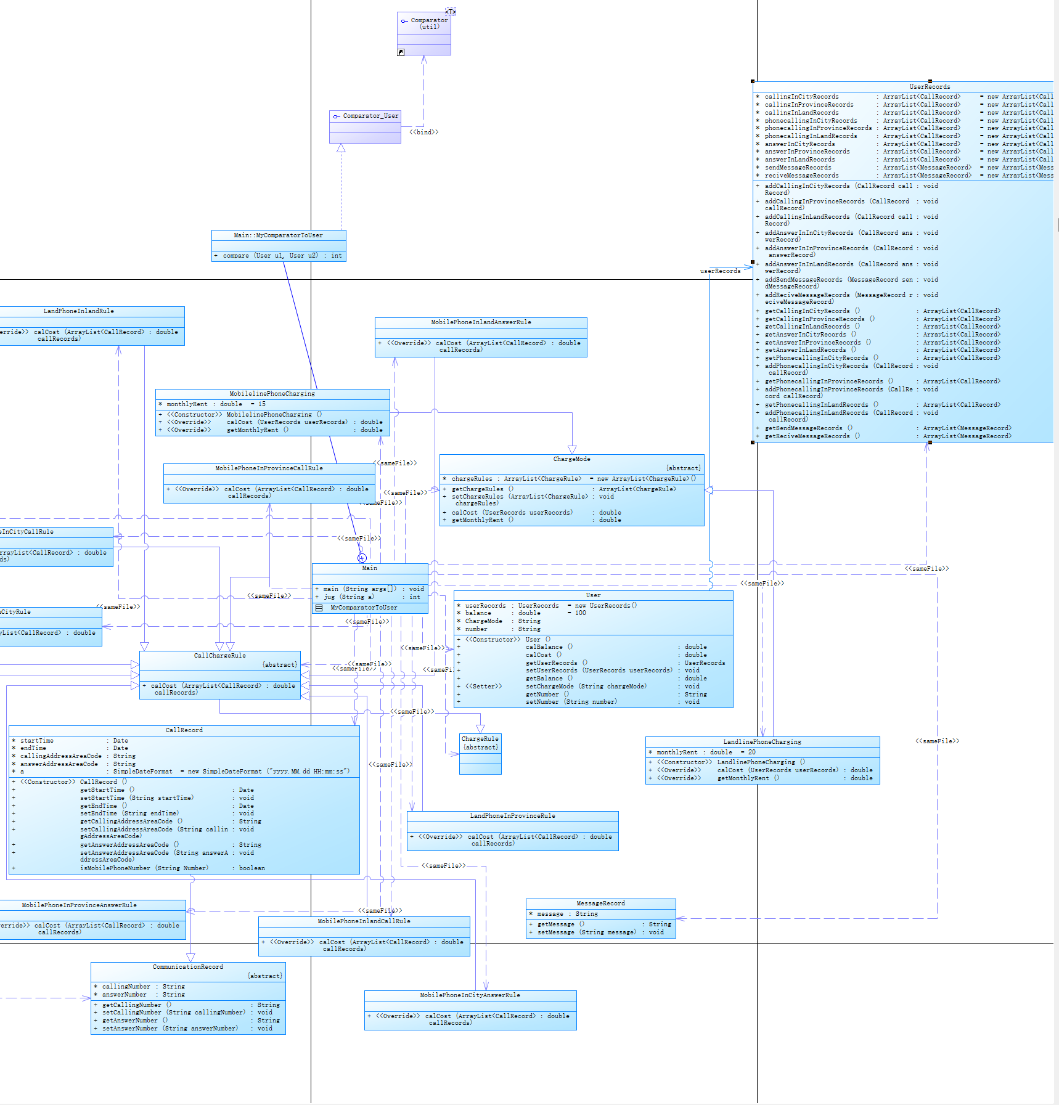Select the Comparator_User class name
pyautogui.click(x=370, y=116)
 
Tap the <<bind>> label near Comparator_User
pyautogui.click(x=424, y=132)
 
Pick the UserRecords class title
pyautogui.click(x=930, y=87)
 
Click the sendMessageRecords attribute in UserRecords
pyautogui.click(x=798, y=168)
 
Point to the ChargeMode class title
pyautogui.click(x=571, y=459)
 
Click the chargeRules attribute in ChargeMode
pyautogui.click(x=472, y=479)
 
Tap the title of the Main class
pyautogui.click(x=370, y=568)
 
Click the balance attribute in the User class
pyautogui.click(x=478, y=613)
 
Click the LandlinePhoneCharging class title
pyautogui.click(x=762, y=742)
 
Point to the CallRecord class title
pyautogui.click(x=184, y=730)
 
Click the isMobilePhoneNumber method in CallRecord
pyautogui.click(x=144, y=868)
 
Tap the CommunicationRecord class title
pyautogui.click(x=188, y=967)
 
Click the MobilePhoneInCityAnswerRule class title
pyautogui.click(x=470, y=995)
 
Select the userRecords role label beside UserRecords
pyautogui.click(x=720, y=271)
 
